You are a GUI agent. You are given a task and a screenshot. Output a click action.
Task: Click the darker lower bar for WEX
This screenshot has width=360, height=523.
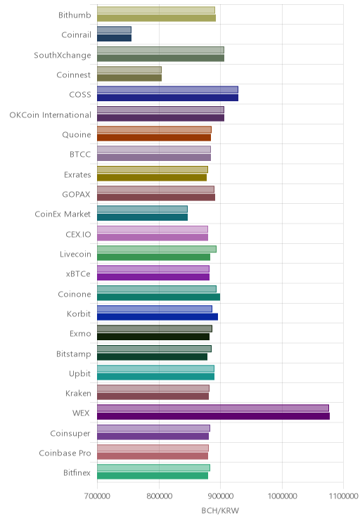tap(213, 416)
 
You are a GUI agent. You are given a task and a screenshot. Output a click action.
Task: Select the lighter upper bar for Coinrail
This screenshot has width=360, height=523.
tap(114, 30)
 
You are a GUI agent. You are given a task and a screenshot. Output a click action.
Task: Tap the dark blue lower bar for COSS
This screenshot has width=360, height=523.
tap(167, 98)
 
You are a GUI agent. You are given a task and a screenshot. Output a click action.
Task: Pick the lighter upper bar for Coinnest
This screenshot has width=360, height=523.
tap(129, 70)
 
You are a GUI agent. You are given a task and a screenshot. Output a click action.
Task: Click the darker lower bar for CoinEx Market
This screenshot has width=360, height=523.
tap(143, 217)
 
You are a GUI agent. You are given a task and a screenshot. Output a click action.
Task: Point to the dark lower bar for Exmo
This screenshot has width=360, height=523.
tap(153, 337)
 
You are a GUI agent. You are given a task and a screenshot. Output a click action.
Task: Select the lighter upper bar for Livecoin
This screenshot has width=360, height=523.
tap(157, 249)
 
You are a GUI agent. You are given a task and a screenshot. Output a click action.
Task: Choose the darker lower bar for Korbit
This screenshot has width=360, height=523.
tap(157, 317)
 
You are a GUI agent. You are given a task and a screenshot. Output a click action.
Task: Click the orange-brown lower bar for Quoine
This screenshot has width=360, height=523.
tap(154, 137)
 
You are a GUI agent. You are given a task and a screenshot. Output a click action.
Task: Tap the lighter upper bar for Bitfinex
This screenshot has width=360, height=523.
tap(153, 467)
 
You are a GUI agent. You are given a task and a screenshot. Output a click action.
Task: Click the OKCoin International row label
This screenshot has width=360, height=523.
tap(50, 115)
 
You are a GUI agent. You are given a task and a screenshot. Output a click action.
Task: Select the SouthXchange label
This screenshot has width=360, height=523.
tap(63, 56)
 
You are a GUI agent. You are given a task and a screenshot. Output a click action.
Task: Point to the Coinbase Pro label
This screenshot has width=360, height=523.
tap(65, 453)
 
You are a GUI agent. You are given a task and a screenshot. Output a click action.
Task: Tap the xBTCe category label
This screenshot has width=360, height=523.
tap(78, 274)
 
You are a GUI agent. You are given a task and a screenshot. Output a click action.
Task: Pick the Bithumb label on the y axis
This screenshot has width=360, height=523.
tap(75, 15)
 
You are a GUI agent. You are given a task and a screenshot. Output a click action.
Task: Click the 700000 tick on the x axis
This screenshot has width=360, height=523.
tap(97, 496)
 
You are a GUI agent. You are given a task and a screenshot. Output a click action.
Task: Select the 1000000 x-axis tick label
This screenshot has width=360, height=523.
tap(282, 496)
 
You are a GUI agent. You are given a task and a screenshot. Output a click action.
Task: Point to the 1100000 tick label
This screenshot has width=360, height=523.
tap(343, 496)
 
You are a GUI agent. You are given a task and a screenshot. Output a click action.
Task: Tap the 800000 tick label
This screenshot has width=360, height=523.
tap(159, 496)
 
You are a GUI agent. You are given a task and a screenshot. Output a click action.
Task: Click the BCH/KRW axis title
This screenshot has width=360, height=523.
tap(220, 510)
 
